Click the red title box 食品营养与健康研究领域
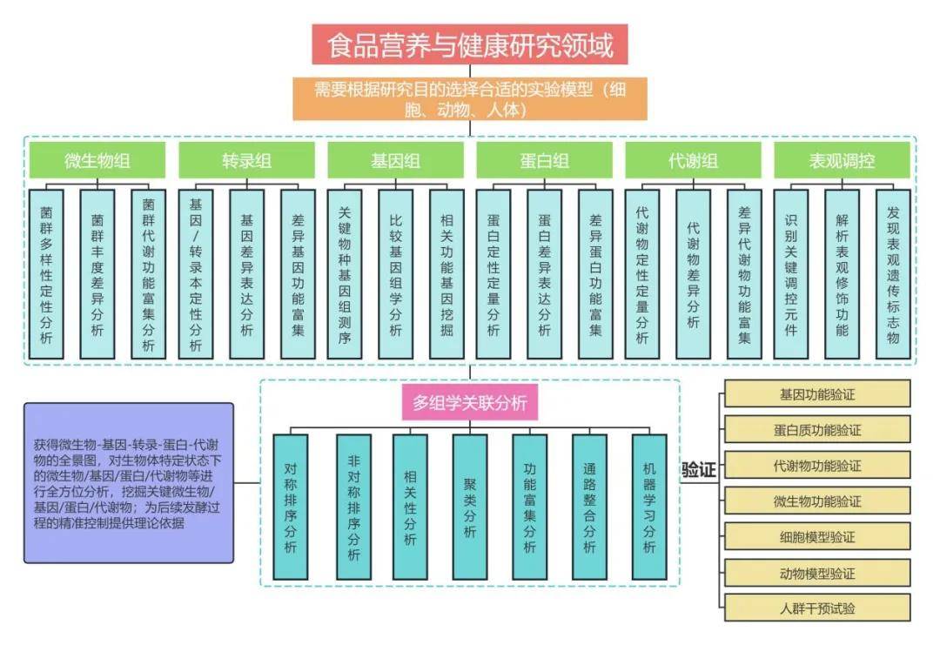pyautogui.click(x=469, y=44)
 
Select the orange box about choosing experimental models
pyautogui.click(x=469, y=99)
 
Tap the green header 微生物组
pyautogui.click(x=97, y=160)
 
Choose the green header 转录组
pyautogui.click(x=246, y=160)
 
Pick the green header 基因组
pyautogui.click(x=395, y=160)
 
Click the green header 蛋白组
pyautogui.click(x=544, y=160)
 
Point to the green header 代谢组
pyautogui.click(x=693, y=160)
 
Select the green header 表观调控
pyautogui.click(x=842, y=160)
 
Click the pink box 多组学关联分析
pyautogui.click(x=469, y=404)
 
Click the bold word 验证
pyautogui.click(x=698, y=471)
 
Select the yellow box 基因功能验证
pyautogui.click(x=816, y=394)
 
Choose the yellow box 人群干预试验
pyautogui.click(x=816, y=608)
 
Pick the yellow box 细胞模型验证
pyautogui.click(x=816, y=537)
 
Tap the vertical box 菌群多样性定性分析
pyautogui.click(x=46, y=273)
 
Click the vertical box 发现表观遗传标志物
pyautogui.click(x=893, y=273)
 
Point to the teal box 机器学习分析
pyautogui.click(x=649, y=507)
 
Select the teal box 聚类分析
pyautogui.click(x=470, y=507)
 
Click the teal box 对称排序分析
pyautogui.click(x=291, y=507)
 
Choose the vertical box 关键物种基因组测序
pyautogui.click(x=344, y=273)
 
